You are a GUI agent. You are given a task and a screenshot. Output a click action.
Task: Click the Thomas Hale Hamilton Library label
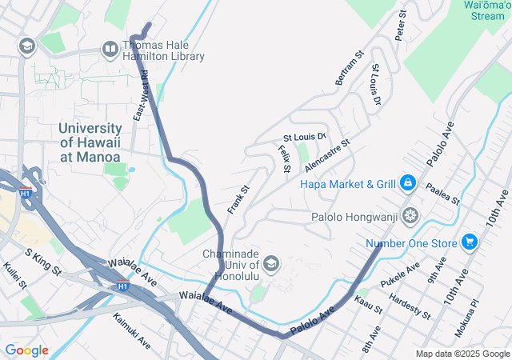click(163, 50)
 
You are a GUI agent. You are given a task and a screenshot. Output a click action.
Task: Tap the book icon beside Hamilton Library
click(110, 50)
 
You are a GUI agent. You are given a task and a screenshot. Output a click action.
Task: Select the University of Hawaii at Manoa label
click(90, 142)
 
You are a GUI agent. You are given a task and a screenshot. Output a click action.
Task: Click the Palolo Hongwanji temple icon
click(410, 215)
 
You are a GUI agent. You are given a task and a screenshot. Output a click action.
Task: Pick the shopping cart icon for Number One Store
click(469, 242)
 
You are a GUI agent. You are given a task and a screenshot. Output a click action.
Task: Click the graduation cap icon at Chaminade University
click(271, 264)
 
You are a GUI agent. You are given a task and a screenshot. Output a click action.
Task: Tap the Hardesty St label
click(410, 307)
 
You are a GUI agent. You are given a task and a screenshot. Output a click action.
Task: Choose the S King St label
click(43, 262)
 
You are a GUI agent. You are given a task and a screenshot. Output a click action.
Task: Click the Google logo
click(26, 350)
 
